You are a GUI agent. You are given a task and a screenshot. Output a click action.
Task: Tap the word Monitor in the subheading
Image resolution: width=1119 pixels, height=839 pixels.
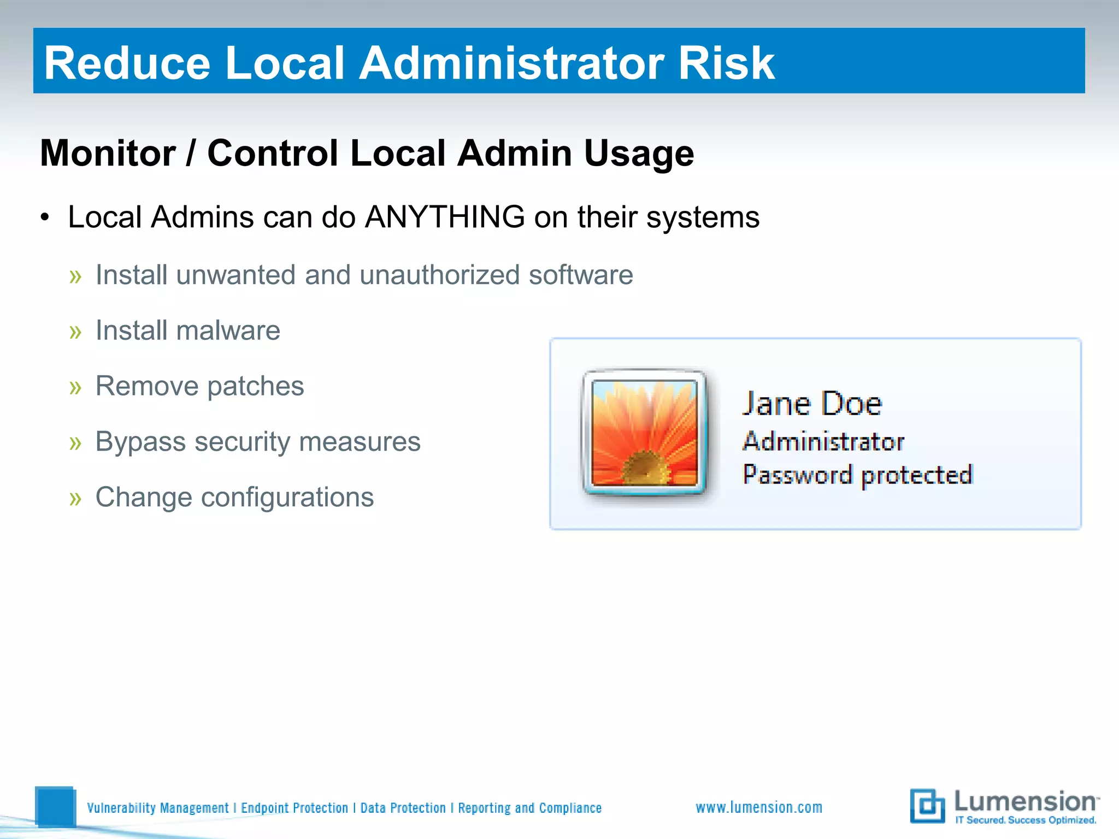[x=108, y=153]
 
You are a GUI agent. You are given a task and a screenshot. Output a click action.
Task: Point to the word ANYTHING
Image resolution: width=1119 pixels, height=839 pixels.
[x=445, y=217]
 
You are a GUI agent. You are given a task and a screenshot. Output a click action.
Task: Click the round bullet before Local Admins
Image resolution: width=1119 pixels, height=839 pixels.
[x=45, y=218]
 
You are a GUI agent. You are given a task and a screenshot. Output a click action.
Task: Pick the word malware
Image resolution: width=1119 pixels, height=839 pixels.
[x=228, y=330]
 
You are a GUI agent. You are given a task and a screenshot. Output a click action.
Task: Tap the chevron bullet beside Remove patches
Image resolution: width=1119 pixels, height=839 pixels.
[x=75, y=387]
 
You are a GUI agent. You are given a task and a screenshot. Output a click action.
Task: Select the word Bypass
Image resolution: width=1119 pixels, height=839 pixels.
[x=140, y=441]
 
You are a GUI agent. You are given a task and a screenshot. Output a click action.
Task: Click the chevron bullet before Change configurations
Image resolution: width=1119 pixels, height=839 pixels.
[x=75, y=499]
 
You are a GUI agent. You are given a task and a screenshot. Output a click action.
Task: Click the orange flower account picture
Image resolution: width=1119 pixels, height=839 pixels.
[x=645, y=432]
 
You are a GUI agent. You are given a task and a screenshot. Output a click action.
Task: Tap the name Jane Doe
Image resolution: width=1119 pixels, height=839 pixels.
[x=812, y=404]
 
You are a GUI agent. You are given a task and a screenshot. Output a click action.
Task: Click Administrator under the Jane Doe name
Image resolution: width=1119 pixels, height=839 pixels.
[x=823, y=441]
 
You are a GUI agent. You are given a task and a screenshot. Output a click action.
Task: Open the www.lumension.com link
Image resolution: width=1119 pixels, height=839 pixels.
[x=758, y=807]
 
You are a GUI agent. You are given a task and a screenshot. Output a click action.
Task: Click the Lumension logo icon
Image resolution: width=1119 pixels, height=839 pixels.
[x=927, y=806]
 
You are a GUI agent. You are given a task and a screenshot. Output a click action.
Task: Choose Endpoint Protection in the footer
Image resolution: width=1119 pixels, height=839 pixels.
[x=295, y=808]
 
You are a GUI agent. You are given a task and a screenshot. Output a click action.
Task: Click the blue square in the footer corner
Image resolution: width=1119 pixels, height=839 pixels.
[x=55, y=806]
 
